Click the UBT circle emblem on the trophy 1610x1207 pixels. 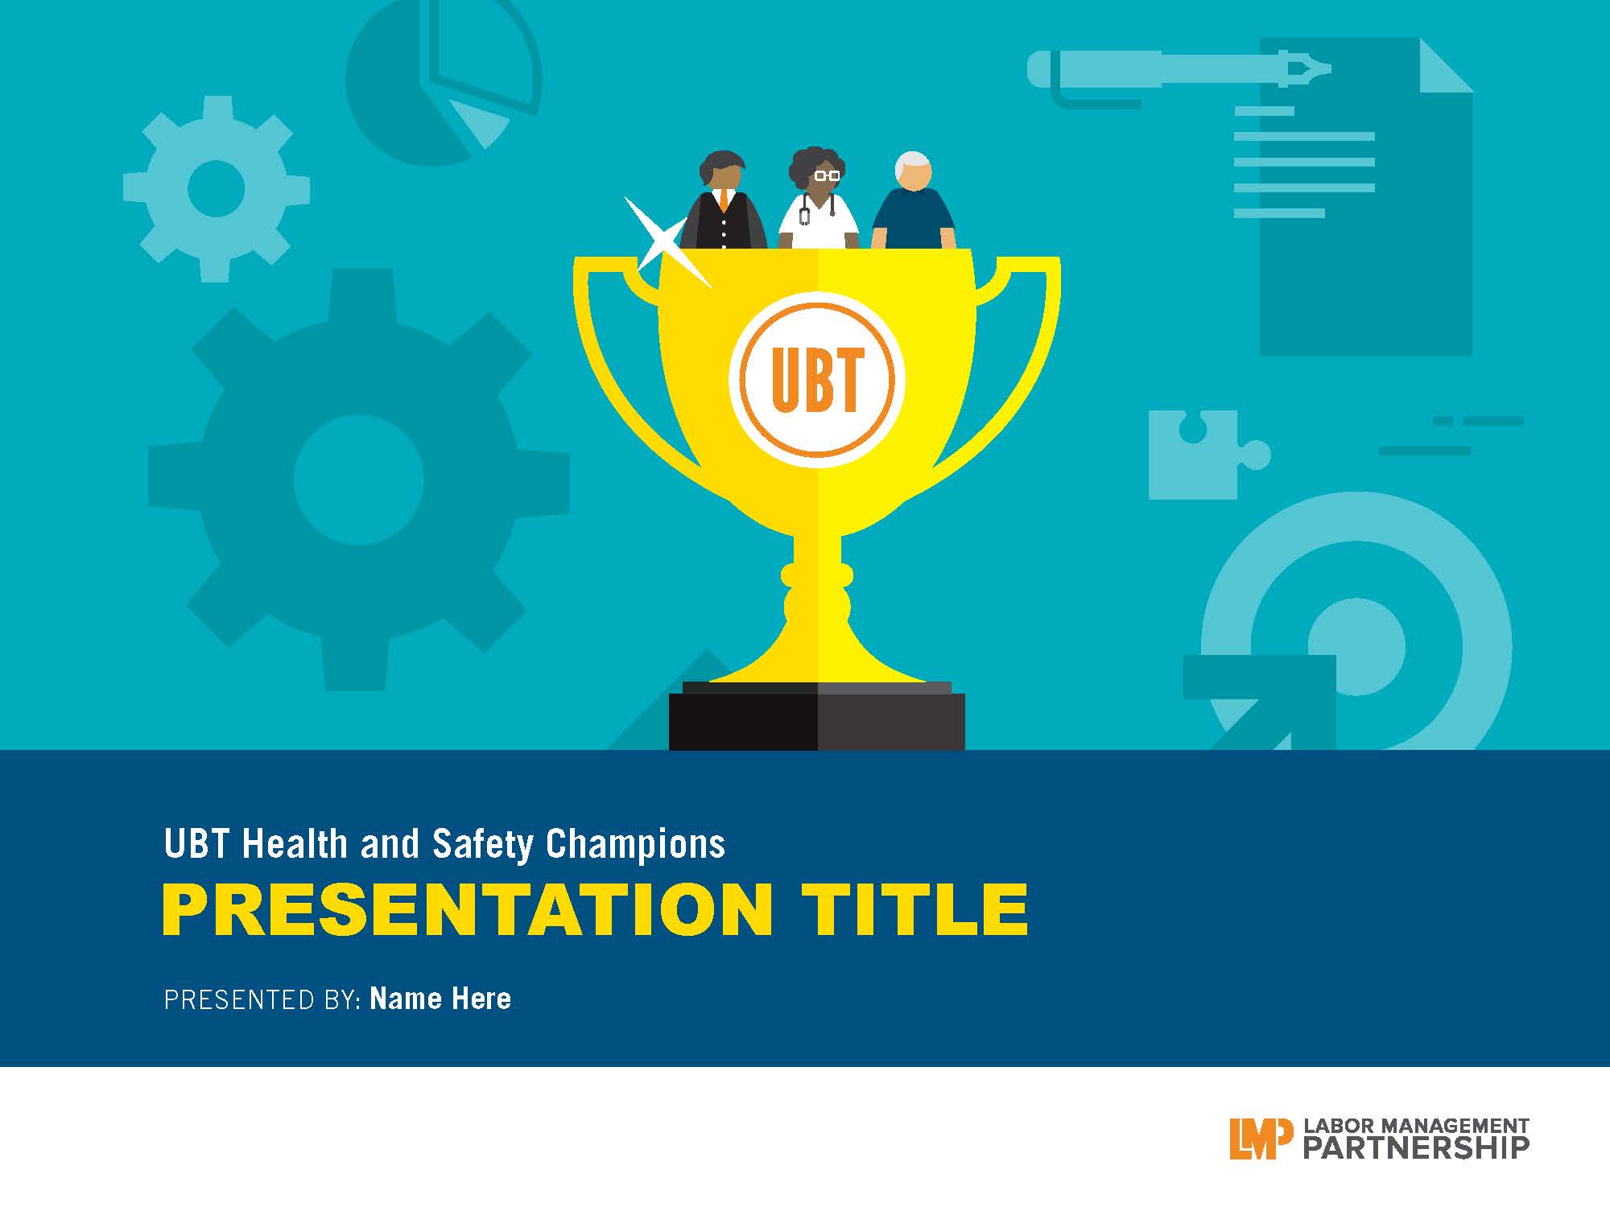tap(817, 380)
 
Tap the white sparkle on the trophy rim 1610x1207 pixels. tap(665, 241)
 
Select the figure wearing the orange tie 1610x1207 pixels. tap(724, 200)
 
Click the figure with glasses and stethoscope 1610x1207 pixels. tap(819, 199)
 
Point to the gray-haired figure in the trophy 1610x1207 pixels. tap(914, 200)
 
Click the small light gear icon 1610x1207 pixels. tap(216, 188)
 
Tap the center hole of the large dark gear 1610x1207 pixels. tap(358, 480)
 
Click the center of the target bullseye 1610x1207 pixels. tap(1356, 646)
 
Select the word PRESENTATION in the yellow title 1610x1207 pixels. tap(468, 909)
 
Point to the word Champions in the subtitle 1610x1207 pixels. tap(636, 845)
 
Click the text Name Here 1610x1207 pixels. tap(440, 999)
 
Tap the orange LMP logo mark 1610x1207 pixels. tap(1261, 1138)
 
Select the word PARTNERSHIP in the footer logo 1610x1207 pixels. tap(1416, 1147)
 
